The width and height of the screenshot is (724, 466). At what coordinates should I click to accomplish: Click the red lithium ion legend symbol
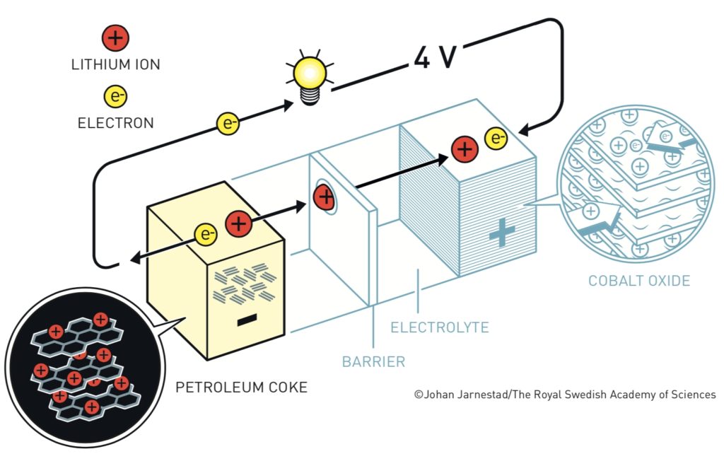pos(115,38)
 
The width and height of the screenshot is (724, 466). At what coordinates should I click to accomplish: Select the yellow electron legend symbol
pos(115,96)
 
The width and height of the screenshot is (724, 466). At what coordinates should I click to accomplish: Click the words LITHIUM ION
pos(116,64)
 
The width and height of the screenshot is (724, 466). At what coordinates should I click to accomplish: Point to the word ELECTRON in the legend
pos(116,123)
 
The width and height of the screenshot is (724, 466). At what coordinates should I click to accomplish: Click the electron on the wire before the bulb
pos(228,123)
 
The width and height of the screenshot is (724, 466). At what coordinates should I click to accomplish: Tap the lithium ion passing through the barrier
pos(325,197)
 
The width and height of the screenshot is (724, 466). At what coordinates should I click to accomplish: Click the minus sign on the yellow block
pos(247,320)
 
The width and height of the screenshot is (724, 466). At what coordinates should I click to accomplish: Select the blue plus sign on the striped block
pos(502,233)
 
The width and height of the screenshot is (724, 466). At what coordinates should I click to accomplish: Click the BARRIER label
pos(373,361)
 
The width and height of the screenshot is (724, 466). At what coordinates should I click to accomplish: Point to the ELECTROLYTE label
pos(440,327)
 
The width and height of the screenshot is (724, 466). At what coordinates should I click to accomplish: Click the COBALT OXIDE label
pos(639,280)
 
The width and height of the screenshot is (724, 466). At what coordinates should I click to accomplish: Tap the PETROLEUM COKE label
pos(242,387)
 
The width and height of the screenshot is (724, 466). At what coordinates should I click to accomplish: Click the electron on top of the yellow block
pos(206,234)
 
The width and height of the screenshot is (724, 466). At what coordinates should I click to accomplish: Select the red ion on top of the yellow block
pos(239,224)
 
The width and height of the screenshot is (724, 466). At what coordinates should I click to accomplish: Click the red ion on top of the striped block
pos(465,149)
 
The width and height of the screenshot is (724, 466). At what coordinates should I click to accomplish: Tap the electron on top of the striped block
pos(496,138)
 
